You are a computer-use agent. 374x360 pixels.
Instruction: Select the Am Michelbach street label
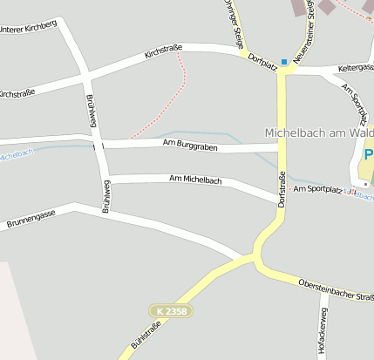pos(195,180)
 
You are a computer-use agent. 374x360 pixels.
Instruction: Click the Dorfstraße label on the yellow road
pos(282,188)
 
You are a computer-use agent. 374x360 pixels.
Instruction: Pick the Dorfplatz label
pos(262,61)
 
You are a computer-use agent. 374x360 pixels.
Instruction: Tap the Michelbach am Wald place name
pos(319,132)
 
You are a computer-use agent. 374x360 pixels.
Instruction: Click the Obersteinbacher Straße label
pos(336,290)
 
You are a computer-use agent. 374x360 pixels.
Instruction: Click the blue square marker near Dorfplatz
pos(283,62)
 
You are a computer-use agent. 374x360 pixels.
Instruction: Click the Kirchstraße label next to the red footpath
pos(163,54)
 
